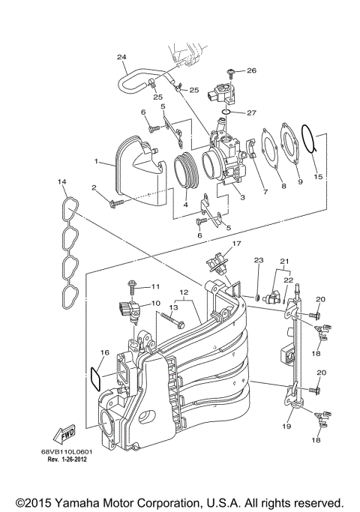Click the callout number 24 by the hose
tap(121, 57)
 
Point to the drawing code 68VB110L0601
tap(67, 452)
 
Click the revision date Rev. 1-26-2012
tap(67, 460)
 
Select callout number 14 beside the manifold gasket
tap(62, 182)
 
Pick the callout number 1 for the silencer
tap(96, 160)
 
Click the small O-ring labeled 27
tap(233, 113)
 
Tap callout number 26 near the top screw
tap(252, 70)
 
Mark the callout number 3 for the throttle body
tap(241, 196)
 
